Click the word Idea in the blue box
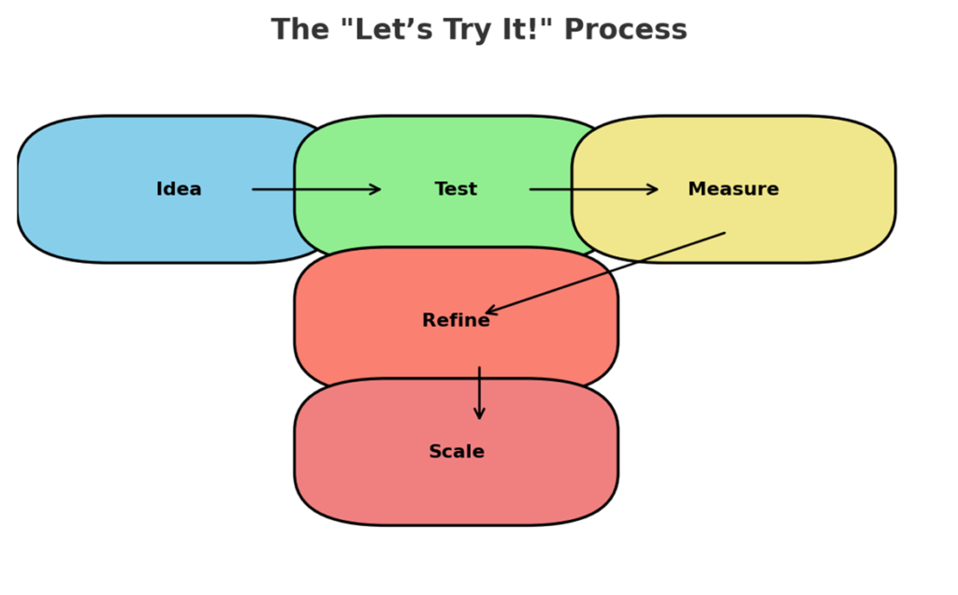tap(179, 189)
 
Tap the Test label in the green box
tap(456, 189)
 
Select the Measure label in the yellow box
tap(733, 189)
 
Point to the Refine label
tap(456, 320)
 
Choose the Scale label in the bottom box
tap(457, 452)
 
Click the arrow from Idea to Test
tap(316, 189)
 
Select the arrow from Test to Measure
tap(594, 189)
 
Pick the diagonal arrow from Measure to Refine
tap(605, 273)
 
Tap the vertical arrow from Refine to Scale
tap(480, 393)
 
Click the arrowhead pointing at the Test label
tap(376, 189)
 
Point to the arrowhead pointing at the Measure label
tap(653, 189)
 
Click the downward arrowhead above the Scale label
tap(480, 414)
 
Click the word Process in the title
tap(626, 30)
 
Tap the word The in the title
tap(300, 30)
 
